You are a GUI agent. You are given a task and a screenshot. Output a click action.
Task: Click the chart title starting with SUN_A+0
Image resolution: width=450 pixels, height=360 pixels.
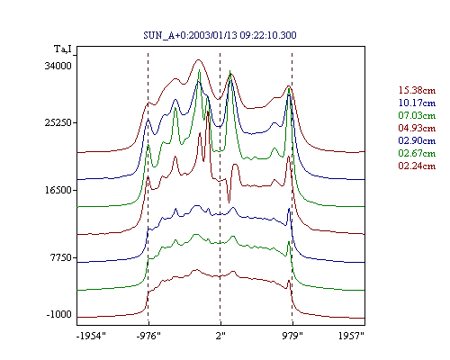pos(220,35)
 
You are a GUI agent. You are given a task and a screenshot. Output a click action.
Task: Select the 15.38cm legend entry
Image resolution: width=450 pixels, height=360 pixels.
pos(417,90)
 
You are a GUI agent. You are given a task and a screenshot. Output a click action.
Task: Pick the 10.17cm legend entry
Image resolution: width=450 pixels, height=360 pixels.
pos(417,103)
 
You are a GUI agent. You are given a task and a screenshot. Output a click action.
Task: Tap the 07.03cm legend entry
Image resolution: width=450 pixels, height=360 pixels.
pos(417,115)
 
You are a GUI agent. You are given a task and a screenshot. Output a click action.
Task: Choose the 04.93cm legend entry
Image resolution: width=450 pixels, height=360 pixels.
pos(417,128)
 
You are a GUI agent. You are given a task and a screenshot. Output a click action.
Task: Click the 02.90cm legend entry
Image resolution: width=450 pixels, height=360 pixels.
pos(417,140)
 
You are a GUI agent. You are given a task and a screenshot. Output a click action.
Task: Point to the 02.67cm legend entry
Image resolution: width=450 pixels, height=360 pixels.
pos(417,153)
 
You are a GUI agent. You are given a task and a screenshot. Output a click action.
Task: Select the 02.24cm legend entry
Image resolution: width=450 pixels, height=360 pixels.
pos(417,166)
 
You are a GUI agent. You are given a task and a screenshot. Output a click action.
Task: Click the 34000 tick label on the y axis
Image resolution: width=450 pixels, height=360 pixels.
pos(58,66)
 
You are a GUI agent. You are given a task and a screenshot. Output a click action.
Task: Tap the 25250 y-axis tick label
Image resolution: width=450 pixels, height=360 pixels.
pos(58,122)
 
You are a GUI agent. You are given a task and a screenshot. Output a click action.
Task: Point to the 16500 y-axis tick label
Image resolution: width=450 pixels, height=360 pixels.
pos(58,190)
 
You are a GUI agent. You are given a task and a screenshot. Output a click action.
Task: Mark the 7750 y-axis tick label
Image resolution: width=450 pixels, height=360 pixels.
pos(60,257)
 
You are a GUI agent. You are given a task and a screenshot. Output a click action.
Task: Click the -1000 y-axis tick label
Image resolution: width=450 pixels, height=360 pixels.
pos(58,314)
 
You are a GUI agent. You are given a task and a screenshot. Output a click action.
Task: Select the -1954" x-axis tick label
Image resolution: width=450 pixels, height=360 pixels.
pos(92,336)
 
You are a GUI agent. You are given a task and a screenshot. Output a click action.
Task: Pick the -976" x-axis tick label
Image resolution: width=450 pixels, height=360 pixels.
pos(148,336)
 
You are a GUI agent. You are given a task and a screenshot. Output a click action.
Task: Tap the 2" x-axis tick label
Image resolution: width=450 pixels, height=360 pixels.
pos(220,336)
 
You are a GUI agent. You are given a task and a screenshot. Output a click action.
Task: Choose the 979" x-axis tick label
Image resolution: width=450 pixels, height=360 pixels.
pos(292,336)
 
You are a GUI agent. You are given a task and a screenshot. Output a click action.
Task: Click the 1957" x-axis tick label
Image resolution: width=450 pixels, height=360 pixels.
pos(351,336)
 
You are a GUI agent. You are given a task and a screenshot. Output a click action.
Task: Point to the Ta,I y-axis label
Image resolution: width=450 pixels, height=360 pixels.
pos(63,49)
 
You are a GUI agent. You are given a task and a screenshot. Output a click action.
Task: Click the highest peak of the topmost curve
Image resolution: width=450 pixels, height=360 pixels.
pos(198,59)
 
